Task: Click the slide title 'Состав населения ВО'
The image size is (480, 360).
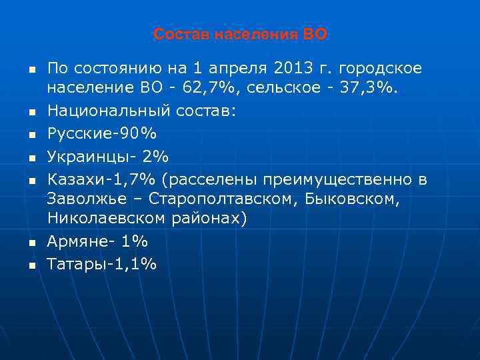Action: point(240,34)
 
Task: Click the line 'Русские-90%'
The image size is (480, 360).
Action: point(102,134)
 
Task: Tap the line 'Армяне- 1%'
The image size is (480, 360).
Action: point(97,241)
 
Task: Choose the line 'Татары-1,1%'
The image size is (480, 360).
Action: point(102,264)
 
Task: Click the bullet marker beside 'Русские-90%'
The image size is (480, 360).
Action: point(31,135)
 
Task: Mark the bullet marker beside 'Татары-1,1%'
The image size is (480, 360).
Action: point(31,265)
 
